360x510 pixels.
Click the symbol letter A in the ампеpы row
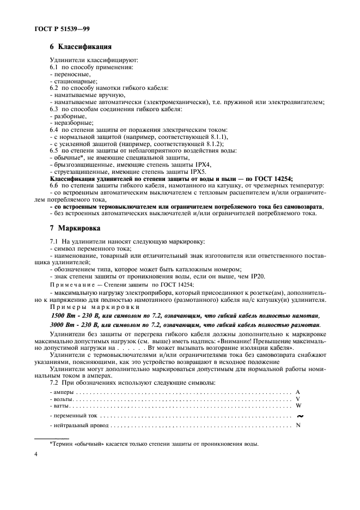(x=298, y=392)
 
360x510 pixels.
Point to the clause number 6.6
(x=54, y=186)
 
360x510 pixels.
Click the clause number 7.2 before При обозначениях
(x=54, y=383)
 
